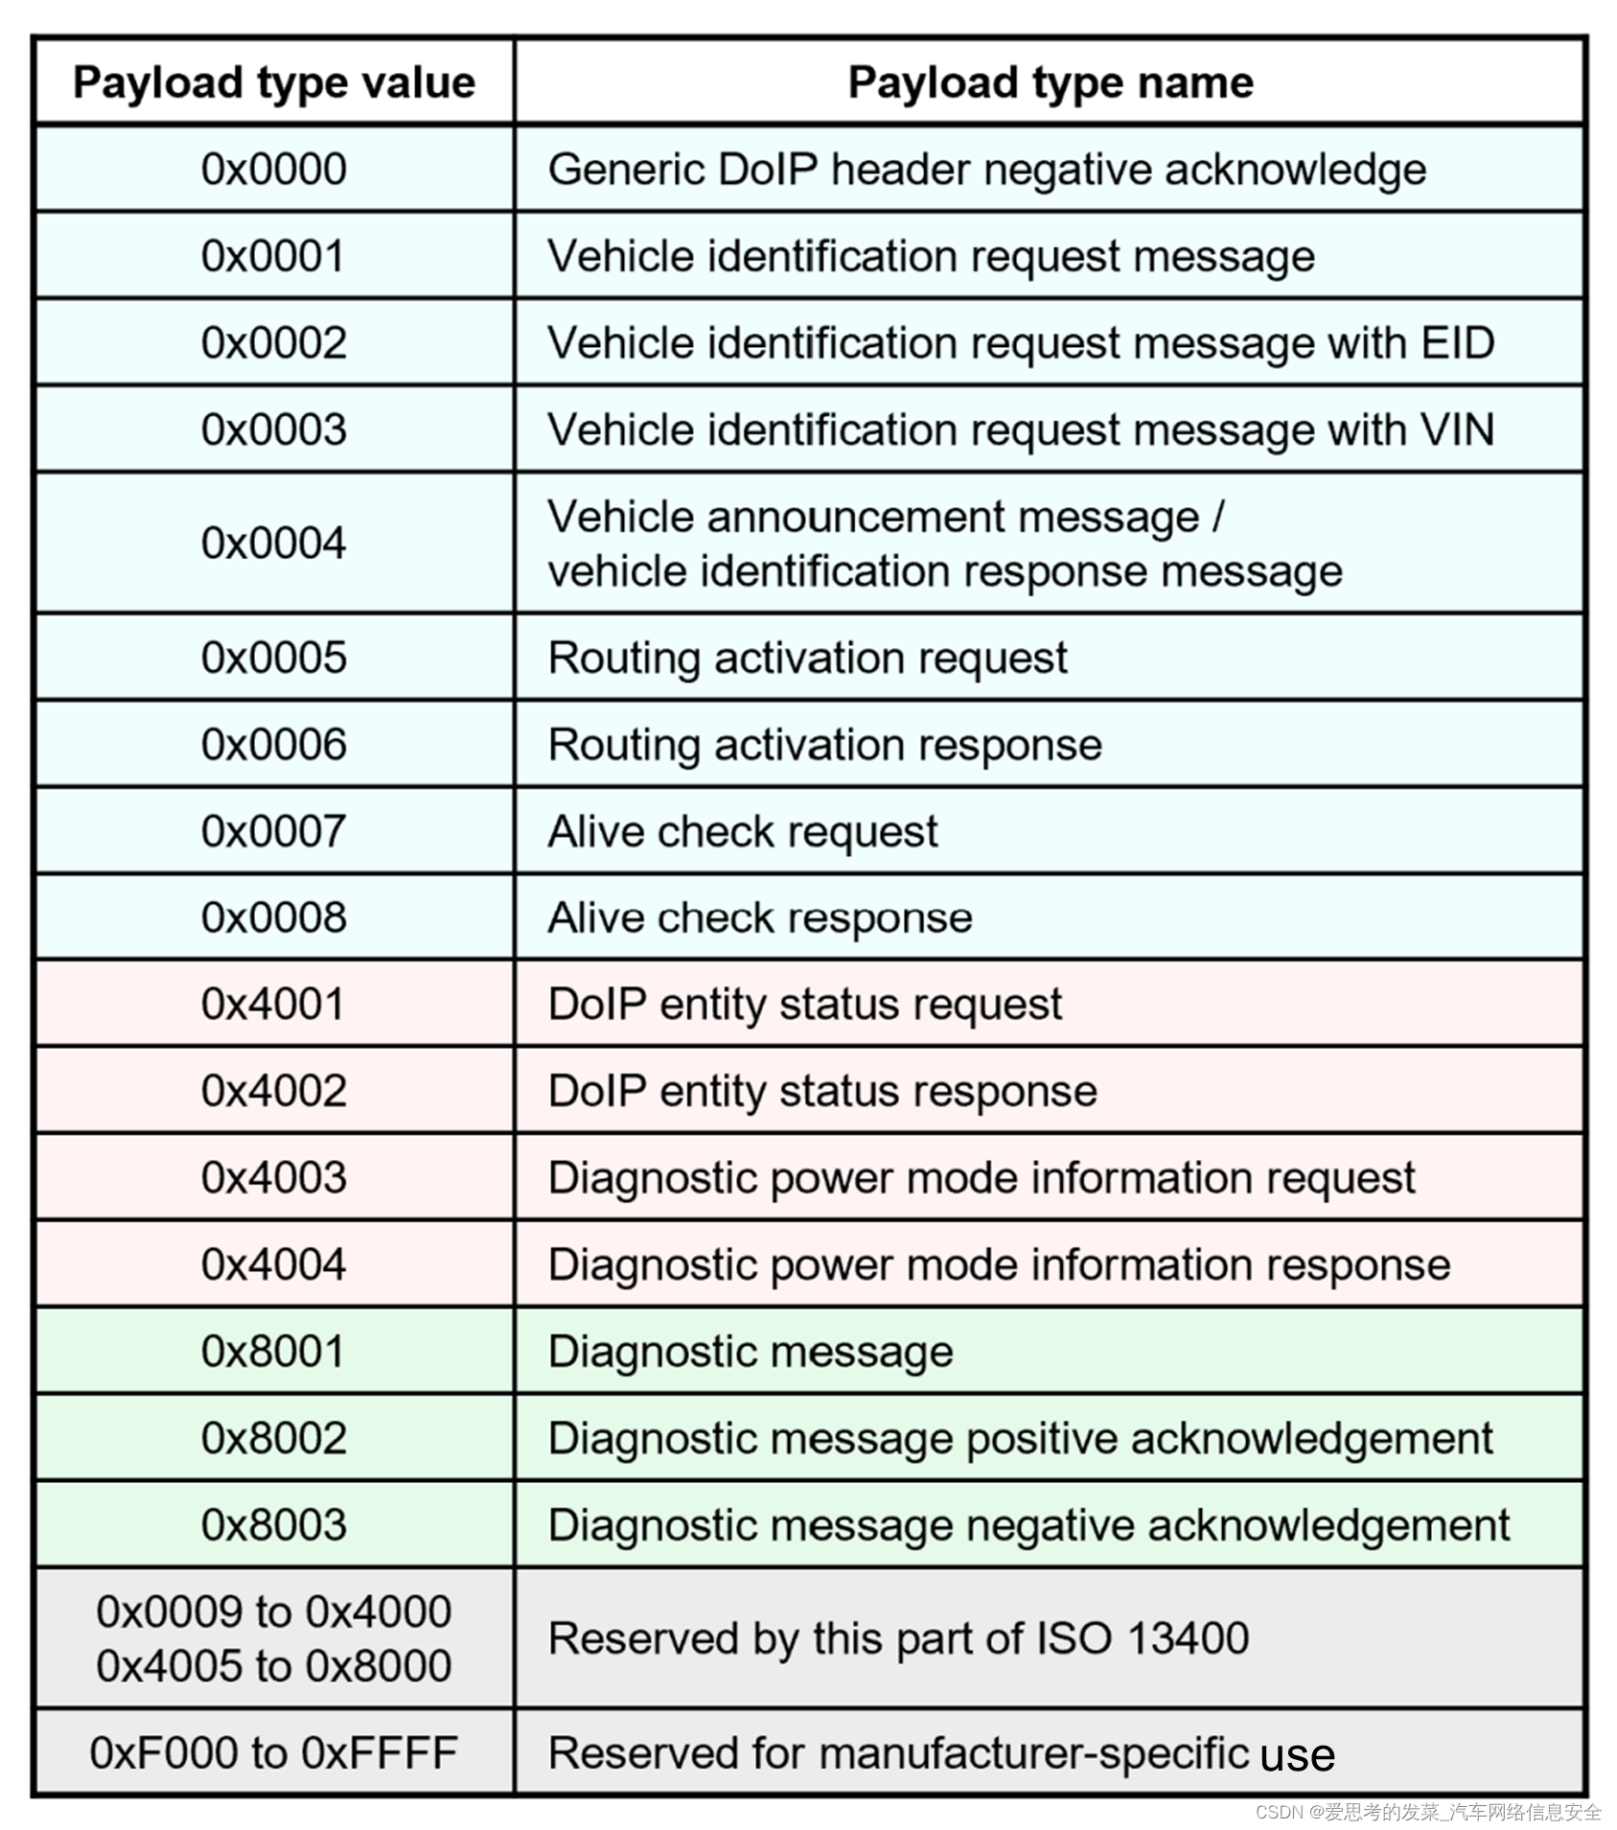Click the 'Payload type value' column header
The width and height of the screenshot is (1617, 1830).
pyautogui.click(x=274, y=83)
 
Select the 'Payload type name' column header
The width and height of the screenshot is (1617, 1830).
pyautogui.click(x=1051, y=83)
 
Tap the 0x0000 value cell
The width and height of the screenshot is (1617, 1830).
pyautogui.click(x=274, y=170)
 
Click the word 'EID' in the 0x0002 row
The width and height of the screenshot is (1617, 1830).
pyautogui.click(x=1457, y=343)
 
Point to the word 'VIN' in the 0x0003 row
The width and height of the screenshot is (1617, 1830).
pyautogui.click(x=1457, y=429)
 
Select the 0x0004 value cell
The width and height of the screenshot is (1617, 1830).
pyautogui.click(x=274, y=544)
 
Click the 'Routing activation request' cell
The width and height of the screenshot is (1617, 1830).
pyautogui.click(x=807, y=659)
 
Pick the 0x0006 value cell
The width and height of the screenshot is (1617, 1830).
pyautogui.click(x=274, y=745)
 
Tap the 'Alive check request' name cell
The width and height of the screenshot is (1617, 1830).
pyautogui.click(x=743, y=831)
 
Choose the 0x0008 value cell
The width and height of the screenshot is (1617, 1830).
pyautogui.click(x=274, y=917)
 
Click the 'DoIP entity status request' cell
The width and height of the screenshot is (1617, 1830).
pyautogui.click(x=805, y=1005)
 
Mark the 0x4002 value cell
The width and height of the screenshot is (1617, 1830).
pyautogui.click(x=274, y=1091)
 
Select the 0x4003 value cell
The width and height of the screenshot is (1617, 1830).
pyautogui.click(x=274, y=1177)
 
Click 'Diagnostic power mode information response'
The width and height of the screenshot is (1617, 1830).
pyautogui.click(x=999, y=1264)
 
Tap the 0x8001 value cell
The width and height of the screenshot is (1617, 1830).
pyautogui.click(x=274, y=1352)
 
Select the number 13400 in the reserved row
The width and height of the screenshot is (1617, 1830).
pyautogui.click(x=1188, y=1638)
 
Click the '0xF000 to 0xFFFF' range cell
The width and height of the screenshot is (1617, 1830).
pyautogui.click(x=274, y=1753)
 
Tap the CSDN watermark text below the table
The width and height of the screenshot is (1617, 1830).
pyautogui.click(x=1428, y=1812)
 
